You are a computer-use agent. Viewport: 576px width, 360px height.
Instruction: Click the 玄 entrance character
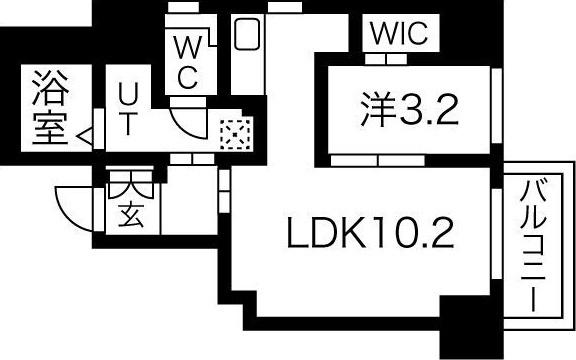coord(130,214)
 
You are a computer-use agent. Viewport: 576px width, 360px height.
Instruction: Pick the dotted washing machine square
coord(232,133)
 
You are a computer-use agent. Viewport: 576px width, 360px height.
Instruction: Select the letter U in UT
coord(129,94)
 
